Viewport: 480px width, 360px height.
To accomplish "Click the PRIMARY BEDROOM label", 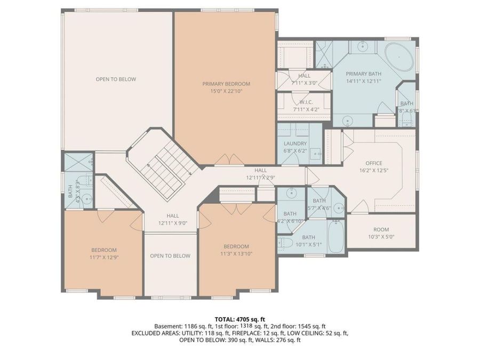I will pos(226,84).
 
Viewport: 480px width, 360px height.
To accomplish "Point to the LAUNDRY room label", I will pos(295,143).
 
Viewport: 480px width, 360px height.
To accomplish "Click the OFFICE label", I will pos(373,163).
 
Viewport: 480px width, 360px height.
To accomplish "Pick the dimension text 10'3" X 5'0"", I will pos(381,237).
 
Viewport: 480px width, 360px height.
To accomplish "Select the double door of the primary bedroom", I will pos(230,159).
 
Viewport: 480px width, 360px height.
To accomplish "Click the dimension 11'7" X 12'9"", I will pos(103,258).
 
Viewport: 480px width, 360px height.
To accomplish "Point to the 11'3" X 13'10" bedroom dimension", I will pos(236,254).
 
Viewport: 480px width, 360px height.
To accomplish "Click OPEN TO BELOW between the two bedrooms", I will pos(170,256).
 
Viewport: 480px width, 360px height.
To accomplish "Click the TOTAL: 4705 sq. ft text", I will pos(239,318).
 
